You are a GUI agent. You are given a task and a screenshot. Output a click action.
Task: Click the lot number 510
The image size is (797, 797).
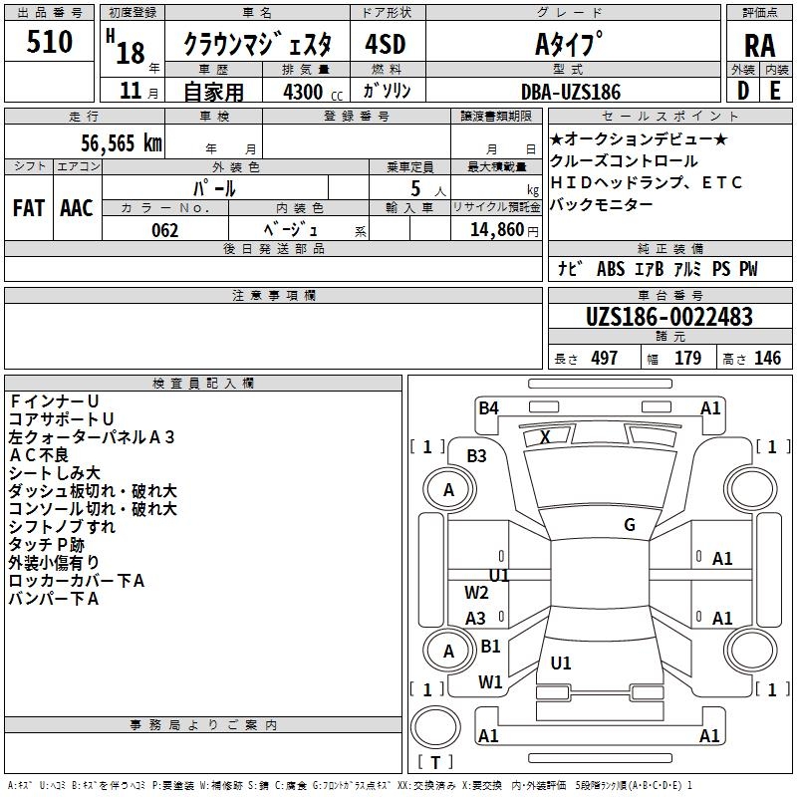coord(50,42)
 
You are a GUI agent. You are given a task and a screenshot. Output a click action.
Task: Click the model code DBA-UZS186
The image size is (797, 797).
coord(571,92)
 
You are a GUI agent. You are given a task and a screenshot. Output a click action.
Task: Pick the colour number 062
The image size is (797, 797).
coord(164,229)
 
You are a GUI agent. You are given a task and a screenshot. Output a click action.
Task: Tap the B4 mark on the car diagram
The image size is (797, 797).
coord(488,407)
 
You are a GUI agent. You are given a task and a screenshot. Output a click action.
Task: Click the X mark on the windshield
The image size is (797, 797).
coord(545,436)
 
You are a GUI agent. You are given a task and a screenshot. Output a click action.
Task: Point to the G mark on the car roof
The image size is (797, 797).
coord(630,525)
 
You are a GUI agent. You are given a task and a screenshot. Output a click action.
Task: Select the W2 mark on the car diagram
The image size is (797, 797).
coord(477,593)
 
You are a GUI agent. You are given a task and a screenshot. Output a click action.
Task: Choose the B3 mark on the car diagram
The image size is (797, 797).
coord(477,455)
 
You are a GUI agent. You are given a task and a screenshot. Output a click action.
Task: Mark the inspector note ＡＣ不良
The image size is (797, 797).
coord(38,454)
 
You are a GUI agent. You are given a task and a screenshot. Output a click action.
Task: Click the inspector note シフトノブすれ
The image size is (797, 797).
coord(62,526)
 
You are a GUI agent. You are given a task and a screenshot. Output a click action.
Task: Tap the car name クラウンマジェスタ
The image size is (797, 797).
coord(264,44)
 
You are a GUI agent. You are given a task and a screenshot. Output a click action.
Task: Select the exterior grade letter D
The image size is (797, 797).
coord(742,91)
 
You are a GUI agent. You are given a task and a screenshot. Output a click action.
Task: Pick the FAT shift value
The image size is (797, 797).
coord(29,207)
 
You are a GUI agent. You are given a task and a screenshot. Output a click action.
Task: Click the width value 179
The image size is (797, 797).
coord(688,358)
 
